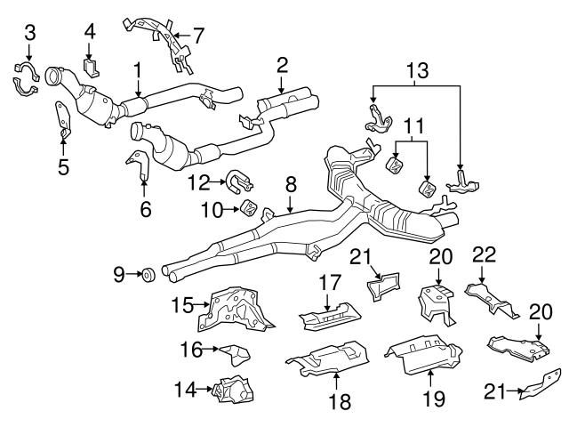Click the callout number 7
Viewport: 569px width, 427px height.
pos(197,36)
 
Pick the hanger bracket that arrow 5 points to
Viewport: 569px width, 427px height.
pos(63,121)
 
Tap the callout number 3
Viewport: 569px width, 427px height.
pos(29,34)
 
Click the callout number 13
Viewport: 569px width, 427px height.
pos(417,68)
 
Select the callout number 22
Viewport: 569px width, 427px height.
pos(485,255)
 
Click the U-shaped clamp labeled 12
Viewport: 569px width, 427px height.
pos(238,182)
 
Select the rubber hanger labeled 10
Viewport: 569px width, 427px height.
pos(252,210)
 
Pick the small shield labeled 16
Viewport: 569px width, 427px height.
pos(235,356)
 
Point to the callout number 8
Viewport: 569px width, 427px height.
pos(290,185)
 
